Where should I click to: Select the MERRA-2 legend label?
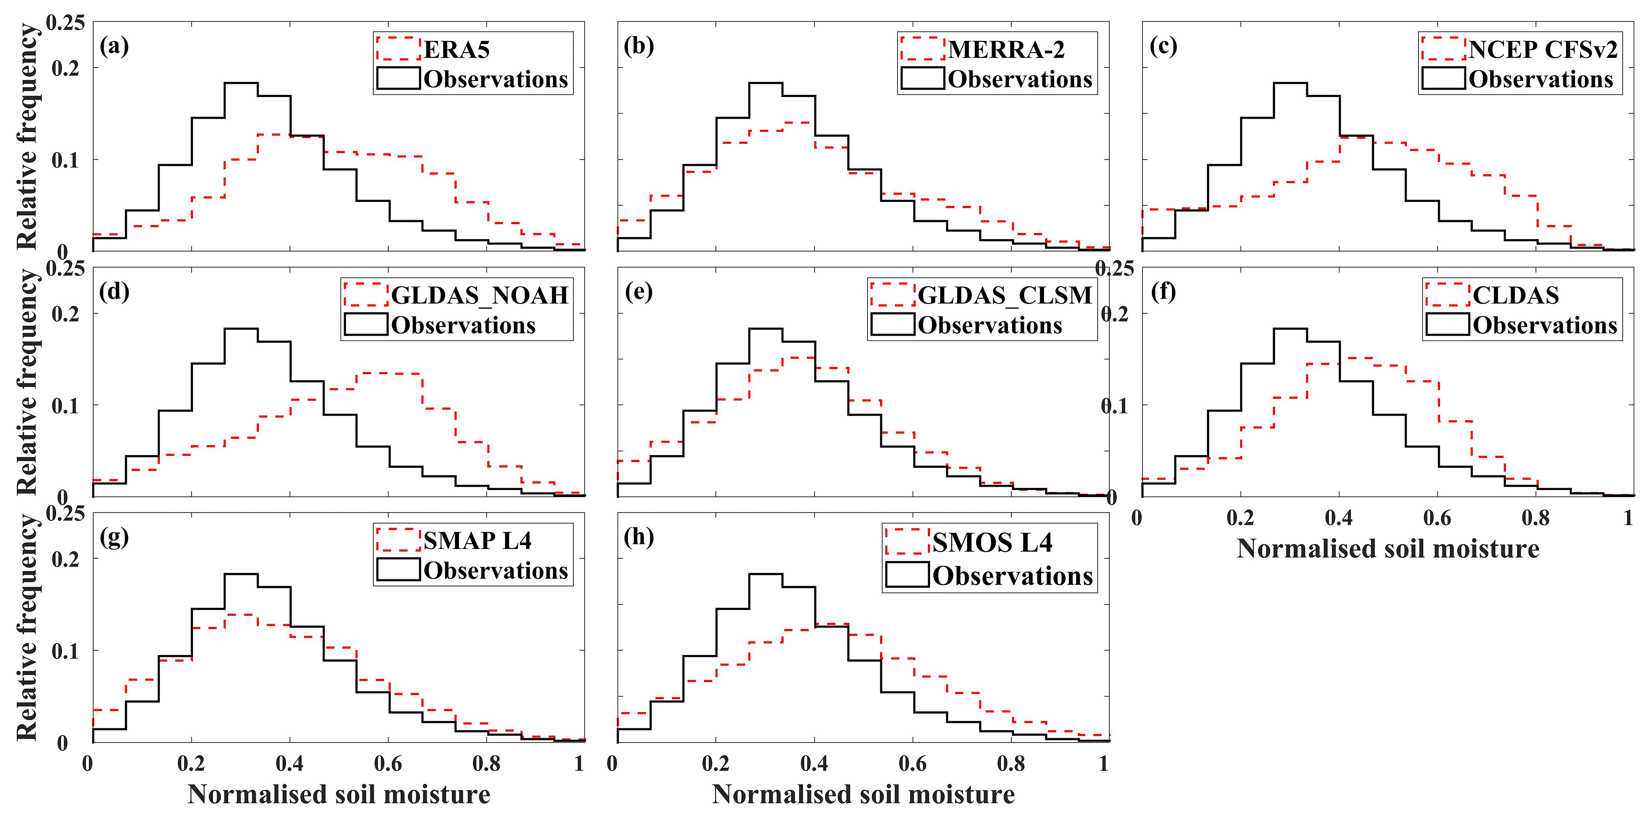click(x=1006, y=50)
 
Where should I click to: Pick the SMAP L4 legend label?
click(x=477, y=541)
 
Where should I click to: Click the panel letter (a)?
click(x=114, y=46)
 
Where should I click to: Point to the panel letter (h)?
click(x=638, y=537)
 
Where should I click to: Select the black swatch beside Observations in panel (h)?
click(x=907, y=575)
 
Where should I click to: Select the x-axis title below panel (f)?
click(x=1388, y=549)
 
